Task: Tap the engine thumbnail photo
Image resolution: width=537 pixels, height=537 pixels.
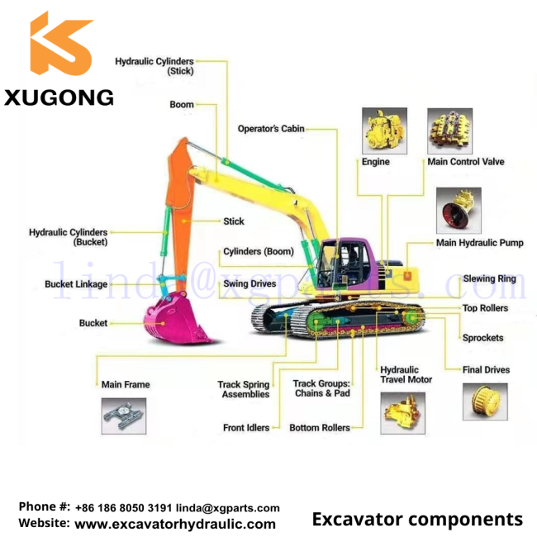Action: point(385,131)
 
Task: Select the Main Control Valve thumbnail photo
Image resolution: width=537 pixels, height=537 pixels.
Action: point(450,131)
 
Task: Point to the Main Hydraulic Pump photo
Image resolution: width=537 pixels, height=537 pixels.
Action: point(459,211)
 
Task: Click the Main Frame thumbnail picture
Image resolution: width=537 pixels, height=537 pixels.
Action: point(124,416)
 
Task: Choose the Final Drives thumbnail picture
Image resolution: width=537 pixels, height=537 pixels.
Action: point(485,402)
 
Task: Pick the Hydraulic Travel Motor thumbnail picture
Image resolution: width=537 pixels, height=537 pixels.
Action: point(403,413)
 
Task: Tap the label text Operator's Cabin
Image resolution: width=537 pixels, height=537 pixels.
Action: point(271,129)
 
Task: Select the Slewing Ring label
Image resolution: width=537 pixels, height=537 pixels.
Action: point(489,278)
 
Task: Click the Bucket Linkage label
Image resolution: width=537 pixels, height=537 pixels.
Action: point(76,284)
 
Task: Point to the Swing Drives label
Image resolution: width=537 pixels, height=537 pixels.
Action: point(249,283)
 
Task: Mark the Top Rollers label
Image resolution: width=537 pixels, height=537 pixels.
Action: point(485,308)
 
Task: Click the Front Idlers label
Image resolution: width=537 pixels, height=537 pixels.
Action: point(246,428)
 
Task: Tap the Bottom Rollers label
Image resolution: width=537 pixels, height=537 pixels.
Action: point(320,428)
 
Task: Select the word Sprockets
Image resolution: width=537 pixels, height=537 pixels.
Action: point(483,338)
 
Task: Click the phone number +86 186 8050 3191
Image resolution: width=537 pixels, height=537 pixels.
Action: point(123,508)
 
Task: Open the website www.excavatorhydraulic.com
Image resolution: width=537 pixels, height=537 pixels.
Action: point(175,525)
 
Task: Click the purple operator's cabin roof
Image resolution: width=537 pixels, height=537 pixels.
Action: point(346,241)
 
